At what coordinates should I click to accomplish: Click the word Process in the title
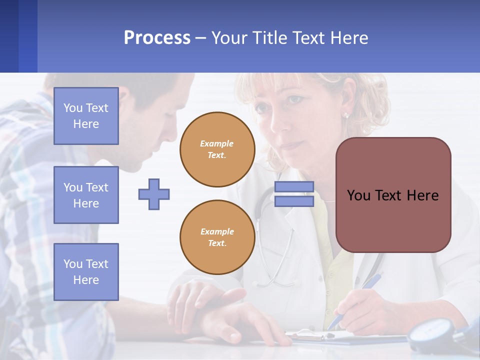coord(157,37)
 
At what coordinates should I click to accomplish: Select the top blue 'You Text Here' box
coord(86,116)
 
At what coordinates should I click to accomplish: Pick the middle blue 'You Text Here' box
coord(86,195)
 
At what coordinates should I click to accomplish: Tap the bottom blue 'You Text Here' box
coord(86,272)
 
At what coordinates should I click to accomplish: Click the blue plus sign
coord(154,194)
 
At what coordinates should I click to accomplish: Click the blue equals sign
coord(294,194)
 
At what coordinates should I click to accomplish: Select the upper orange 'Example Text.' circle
coord(217,149)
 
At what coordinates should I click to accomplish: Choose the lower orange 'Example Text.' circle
coord(217,237)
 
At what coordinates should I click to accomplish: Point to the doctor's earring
coord(344,115)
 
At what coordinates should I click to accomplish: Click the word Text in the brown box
coord(392,195)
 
